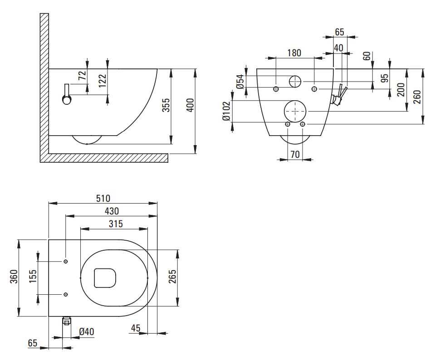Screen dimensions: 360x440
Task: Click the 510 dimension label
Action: [x=103, y=198]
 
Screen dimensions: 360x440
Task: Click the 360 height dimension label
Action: [x=14, y=277]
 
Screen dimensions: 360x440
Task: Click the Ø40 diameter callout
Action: [x=86, y=332]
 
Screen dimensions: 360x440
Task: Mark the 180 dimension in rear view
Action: [x=293, y=53]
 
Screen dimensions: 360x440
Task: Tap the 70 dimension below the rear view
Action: [x=295, y=154]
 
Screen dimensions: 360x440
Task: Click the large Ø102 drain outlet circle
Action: [x=295, y=110]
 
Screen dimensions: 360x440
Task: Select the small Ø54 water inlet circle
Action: [x=295, y=81]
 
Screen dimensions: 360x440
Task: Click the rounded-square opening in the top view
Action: [x=105, y=277]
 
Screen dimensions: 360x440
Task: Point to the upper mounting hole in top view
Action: [x=66, y=262]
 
